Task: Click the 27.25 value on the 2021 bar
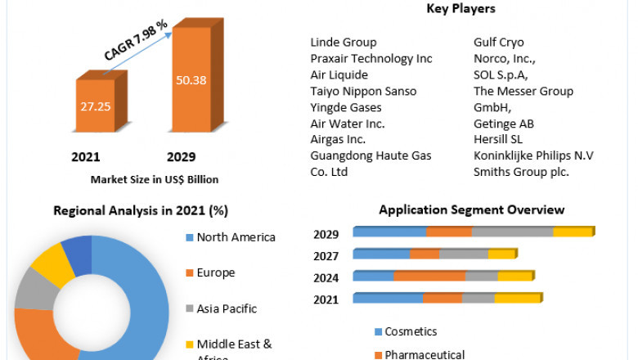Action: [x=96, y=106]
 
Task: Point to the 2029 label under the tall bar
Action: [x=181, y=156]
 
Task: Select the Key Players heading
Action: [x=461, y=9]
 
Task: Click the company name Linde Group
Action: [x=344, y=42]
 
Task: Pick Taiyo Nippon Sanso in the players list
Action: [x=363, y=91]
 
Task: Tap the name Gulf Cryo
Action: [x=499, y=42]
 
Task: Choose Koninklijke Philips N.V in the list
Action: [x=533, y=155]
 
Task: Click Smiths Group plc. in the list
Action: [x=521, y=172]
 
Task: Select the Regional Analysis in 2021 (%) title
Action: [x=140, y=210]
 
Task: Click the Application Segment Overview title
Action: [x=471, y=210]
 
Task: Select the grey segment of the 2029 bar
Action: [x=512, y=232]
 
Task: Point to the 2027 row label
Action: [x=326, y=256]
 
